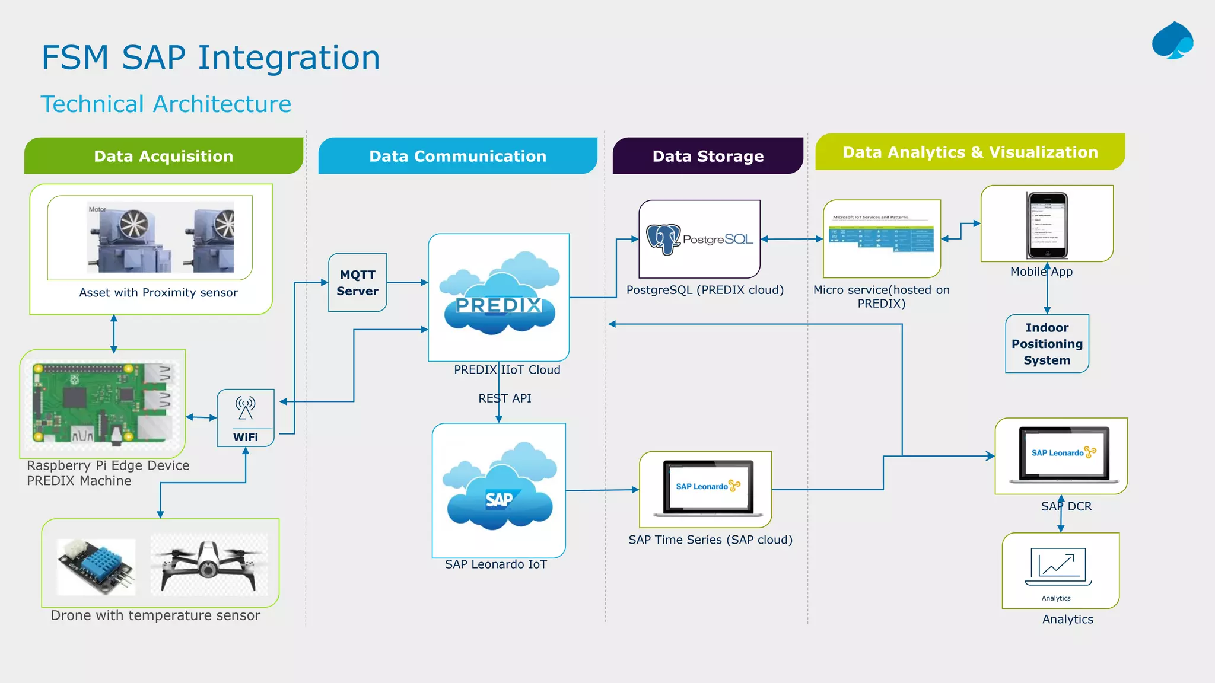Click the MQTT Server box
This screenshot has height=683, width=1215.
coord(358,283)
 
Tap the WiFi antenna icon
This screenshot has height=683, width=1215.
coord(245,408)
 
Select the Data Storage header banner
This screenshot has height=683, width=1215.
coord(708,156)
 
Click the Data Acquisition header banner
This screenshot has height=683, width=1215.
coord(164,156)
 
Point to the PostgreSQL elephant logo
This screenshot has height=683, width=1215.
coord(663,239)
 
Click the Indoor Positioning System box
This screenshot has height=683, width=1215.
coord(1047,344)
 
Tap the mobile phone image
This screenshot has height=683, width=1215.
coord(1047,225)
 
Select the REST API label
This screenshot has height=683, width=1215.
coord(505,398)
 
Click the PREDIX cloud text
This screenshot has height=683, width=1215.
coord(498,305)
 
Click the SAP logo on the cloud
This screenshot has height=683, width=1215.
coord(500,499)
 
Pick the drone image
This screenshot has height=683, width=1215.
coord(208,564)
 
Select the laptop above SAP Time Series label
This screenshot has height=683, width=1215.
coord(706,487)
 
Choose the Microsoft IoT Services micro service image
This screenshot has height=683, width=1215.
coord(882,236)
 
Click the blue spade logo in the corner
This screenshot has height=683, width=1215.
coord(1172,41)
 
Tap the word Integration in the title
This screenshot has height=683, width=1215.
coord(288,58)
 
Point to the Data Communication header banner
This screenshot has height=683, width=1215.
coord(457,156)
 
